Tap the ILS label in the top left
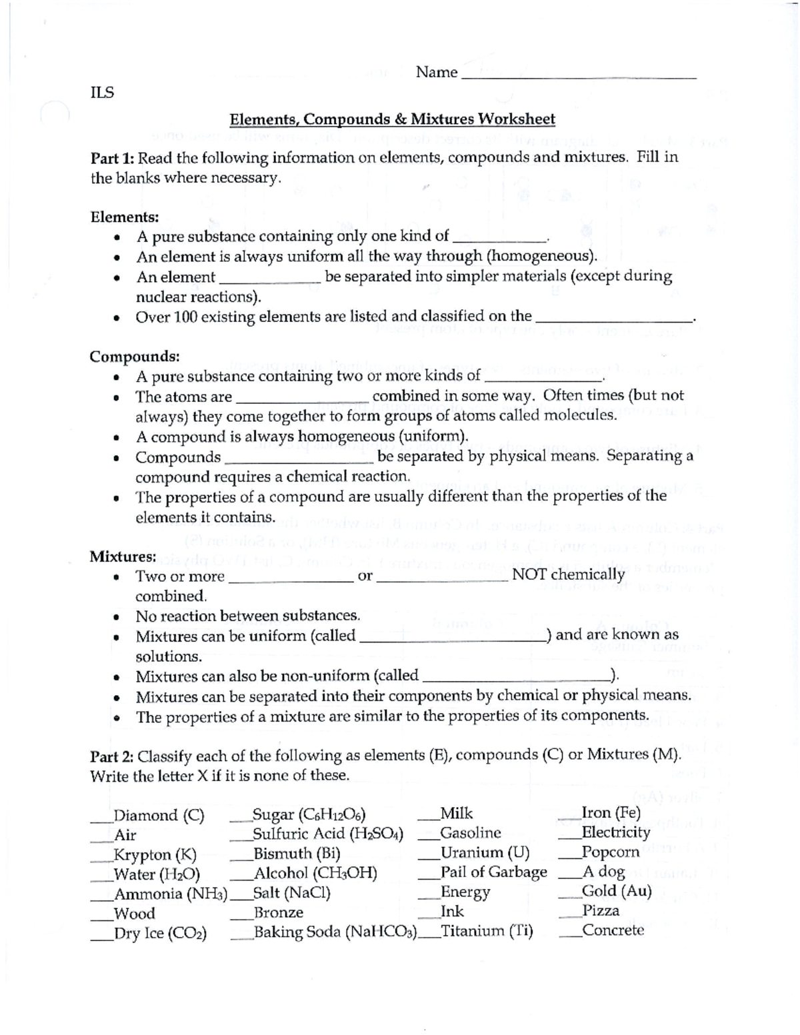(102, 93)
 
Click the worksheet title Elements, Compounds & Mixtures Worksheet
(392, 119)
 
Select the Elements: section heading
(125, 217)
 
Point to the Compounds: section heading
(135, 356)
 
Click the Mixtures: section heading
(123, 556)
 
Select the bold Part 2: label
(113, 756)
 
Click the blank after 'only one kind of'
(499, 239)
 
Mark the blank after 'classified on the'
(615, 319)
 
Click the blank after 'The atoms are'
(302, 400)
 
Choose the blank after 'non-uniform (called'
(517, 679)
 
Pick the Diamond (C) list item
(159, 815)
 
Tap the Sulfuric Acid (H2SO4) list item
(327, 834)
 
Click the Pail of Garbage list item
(493, 872)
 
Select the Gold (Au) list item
(616, 891)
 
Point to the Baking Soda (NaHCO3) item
(335, 932)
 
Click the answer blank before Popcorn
(569, 854)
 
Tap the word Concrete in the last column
(613, 930)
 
